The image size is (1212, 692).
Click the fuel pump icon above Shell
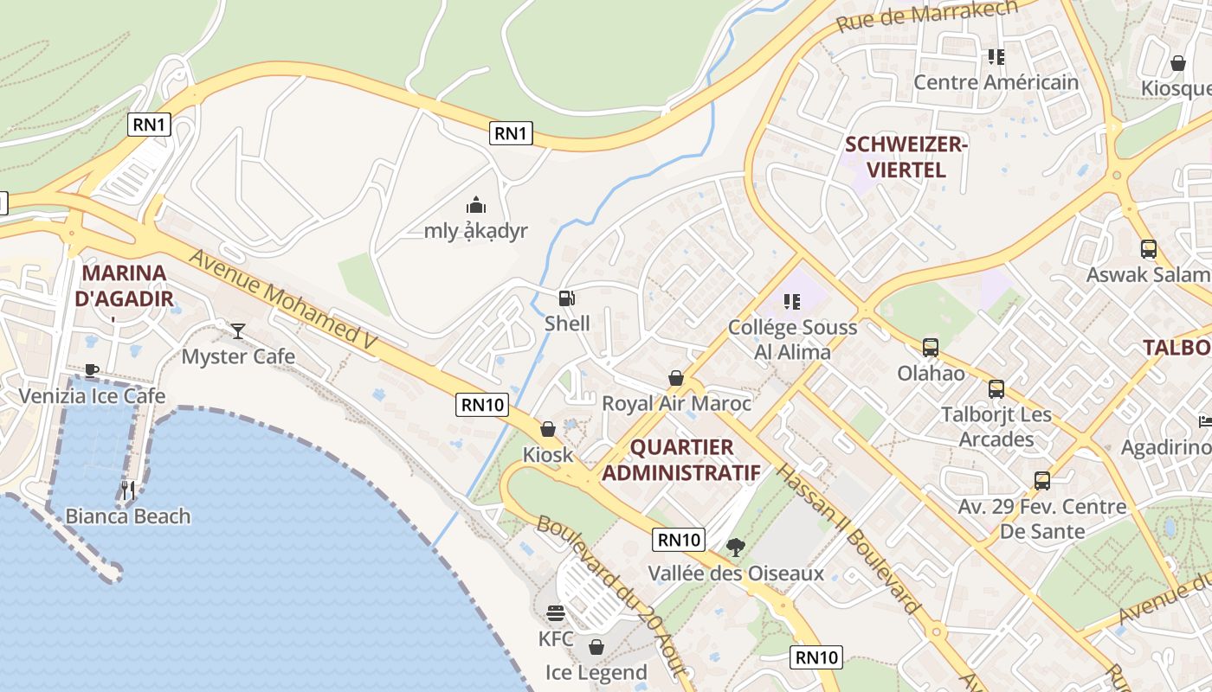(x=566, y=298)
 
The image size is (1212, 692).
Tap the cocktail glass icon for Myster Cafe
(x=238, y=330)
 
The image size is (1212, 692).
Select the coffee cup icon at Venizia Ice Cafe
(x=92, y=371)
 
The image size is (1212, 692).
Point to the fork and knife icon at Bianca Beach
(x=128, y=490)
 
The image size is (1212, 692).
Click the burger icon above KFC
(x=556, y=613)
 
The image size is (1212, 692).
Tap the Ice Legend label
(x=596, y=672)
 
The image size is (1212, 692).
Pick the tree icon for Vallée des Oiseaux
(x=736, y=547)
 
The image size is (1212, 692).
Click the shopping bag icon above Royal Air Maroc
(x=676, y=378)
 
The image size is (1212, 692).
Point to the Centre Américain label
(x=996, y=82)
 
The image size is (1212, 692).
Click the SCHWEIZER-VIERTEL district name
(x=906, y=157)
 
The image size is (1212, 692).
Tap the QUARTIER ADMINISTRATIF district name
(x=681, y=460)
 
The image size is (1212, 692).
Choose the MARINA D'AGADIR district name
(x=124, y=286)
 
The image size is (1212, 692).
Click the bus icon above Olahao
(x=931, y=348)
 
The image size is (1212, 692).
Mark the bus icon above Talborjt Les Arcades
(x=996, y=388)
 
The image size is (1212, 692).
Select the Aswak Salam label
(x=1147, y=275)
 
